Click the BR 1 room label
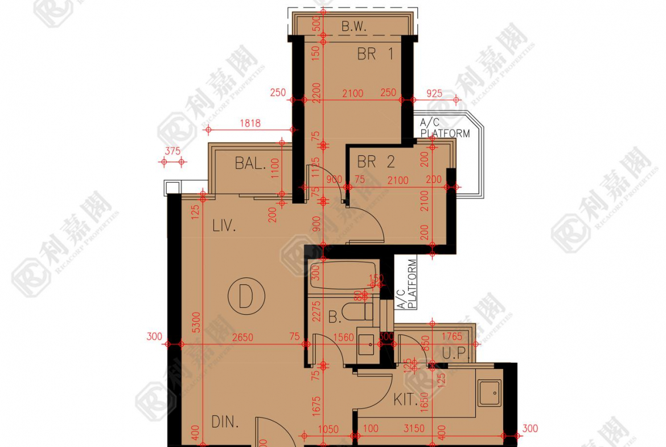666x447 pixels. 376,54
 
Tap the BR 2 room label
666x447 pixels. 376,162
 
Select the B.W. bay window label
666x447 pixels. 353,26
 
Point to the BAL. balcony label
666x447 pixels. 250,164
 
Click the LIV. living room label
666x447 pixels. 224,226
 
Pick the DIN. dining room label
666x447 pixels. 225,422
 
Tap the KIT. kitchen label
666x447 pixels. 406,400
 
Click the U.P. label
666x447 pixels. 454,354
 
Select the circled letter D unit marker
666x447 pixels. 246,296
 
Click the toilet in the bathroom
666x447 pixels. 363,312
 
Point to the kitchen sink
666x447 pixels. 489,393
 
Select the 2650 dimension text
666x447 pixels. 242,338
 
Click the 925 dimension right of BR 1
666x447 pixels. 434,93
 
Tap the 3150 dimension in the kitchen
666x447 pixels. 414,428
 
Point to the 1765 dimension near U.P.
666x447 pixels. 452,337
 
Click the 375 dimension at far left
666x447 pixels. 172,151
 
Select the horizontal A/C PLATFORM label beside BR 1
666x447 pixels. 445,128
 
